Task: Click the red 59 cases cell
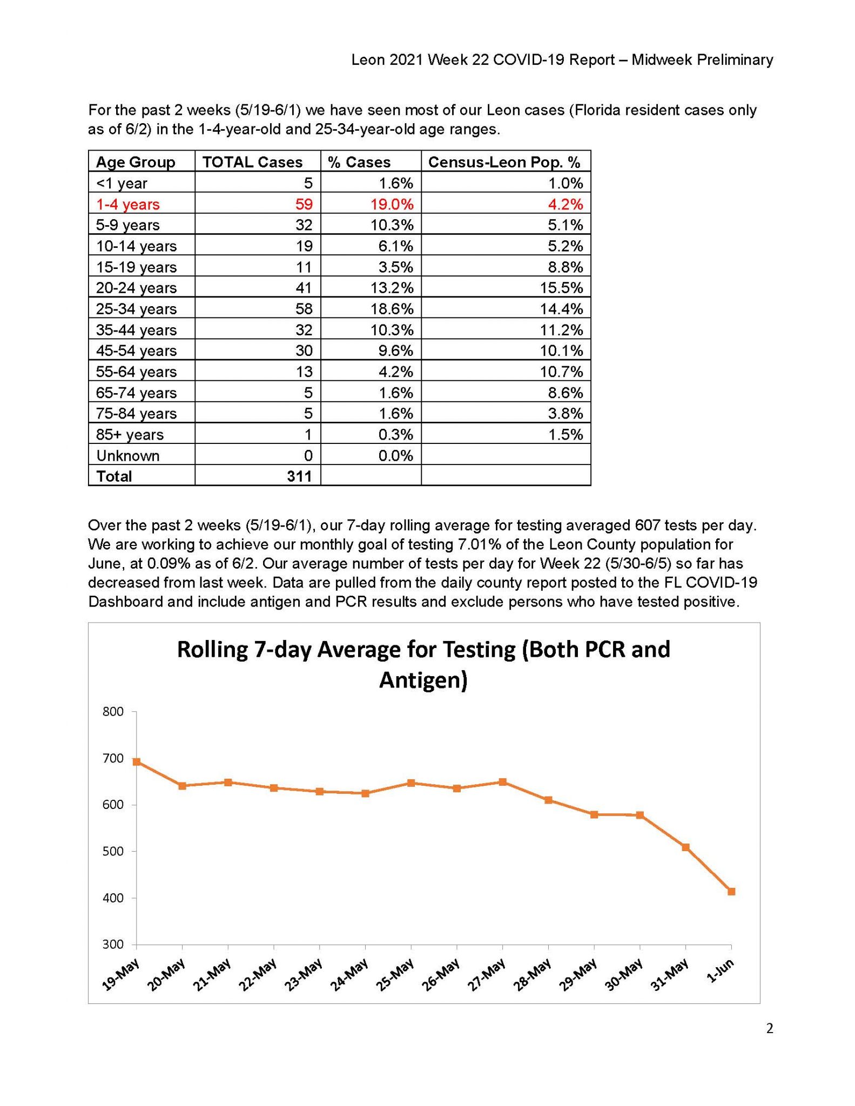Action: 304,204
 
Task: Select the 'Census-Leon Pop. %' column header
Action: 504,162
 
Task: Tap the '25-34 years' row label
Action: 136,309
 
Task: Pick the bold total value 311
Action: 299,476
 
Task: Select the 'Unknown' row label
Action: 127,456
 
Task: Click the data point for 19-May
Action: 137,762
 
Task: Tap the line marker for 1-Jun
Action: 731,892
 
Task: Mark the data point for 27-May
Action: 503,782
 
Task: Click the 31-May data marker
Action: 685,847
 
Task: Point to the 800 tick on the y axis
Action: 113,712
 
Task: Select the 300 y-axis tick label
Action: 113,945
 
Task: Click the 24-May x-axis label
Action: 349,974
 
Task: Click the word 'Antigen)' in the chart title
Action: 423,680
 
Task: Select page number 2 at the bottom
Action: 770,1029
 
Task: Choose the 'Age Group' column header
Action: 136,162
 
